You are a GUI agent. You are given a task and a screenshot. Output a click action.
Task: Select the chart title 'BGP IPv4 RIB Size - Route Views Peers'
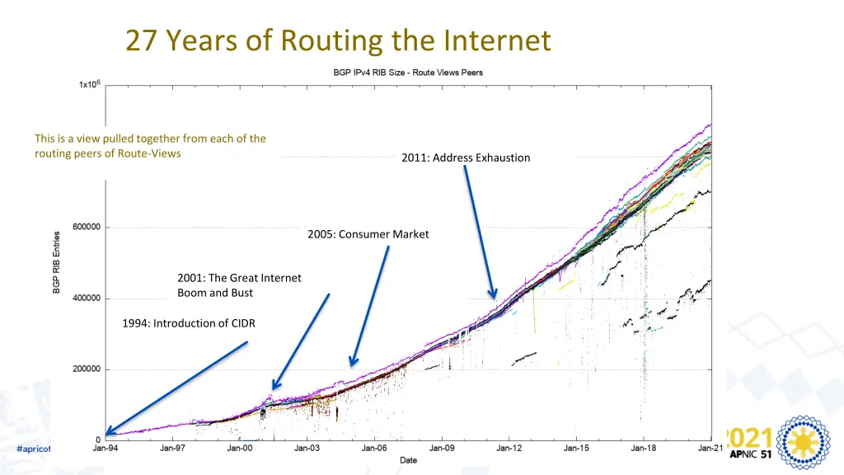coord(408,73)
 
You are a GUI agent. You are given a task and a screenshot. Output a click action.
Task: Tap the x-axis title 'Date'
coord(408,460)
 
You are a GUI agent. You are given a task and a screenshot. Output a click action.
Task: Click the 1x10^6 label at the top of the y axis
coord(90,84)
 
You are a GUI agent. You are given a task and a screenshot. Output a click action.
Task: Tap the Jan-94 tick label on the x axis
coord(105,449)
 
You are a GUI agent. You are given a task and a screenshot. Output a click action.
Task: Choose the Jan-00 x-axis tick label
coord(240,449)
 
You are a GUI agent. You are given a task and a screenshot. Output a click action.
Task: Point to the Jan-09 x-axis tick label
coord(442,449)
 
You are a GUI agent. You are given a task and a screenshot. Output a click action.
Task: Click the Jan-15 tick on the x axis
coord(576,449)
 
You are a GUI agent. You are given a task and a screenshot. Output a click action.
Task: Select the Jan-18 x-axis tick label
coord(644,449)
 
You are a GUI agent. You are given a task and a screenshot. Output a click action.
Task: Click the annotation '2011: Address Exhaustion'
coord(466,158)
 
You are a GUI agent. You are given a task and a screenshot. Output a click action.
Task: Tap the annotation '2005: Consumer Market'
coord(368,234)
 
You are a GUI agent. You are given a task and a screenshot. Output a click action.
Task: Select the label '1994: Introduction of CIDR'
coord(189,323)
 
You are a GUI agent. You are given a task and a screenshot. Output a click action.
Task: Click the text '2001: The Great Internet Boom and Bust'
coord(239,285)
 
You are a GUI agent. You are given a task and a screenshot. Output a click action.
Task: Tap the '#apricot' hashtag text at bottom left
coord(34,449)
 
